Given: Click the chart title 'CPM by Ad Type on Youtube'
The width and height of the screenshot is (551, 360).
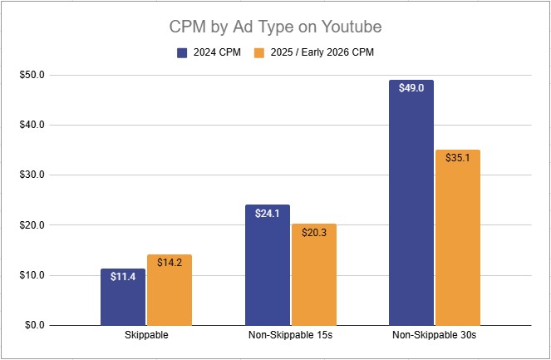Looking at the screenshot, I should pos(274,27).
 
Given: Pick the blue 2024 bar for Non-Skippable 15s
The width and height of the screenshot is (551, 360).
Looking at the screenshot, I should pos(268,266).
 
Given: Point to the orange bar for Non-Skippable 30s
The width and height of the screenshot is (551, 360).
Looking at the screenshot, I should pos(458,241).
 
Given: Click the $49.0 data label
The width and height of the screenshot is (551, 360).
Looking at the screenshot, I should pos(411,87).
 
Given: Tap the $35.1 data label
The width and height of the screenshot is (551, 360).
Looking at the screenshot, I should pos(458,157).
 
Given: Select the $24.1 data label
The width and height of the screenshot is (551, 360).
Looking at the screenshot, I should pos(268,212).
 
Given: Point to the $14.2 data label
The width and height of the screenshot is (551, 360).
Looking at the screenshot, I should pos(170,262).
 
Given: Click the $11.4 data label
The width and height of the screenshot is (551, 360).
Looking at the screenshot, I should pos(123,276).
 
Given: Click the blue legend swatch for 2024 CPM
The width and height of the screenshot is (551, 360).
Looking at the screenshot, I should pos(182,52).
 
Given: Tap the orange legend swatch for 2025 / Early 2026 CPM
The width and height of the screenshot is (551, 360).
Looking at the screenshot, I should pos(258,52).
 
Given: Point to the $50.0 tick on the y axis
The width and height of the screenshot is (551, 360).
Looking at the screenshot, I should pos(32,75).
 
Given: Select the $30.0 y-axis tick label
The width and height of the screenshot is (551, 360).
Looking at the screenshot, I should pos(32,175).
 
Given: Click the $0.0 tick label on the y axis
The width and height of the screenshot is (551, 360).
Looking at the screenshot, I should pos(35,325).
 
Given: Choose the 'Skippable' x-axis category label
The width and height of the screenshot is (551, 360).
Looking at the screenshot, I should pos(146,336).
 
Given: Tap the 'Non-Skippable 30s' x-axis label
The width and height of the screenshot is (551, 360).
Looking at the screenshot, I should pos(435,336).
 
